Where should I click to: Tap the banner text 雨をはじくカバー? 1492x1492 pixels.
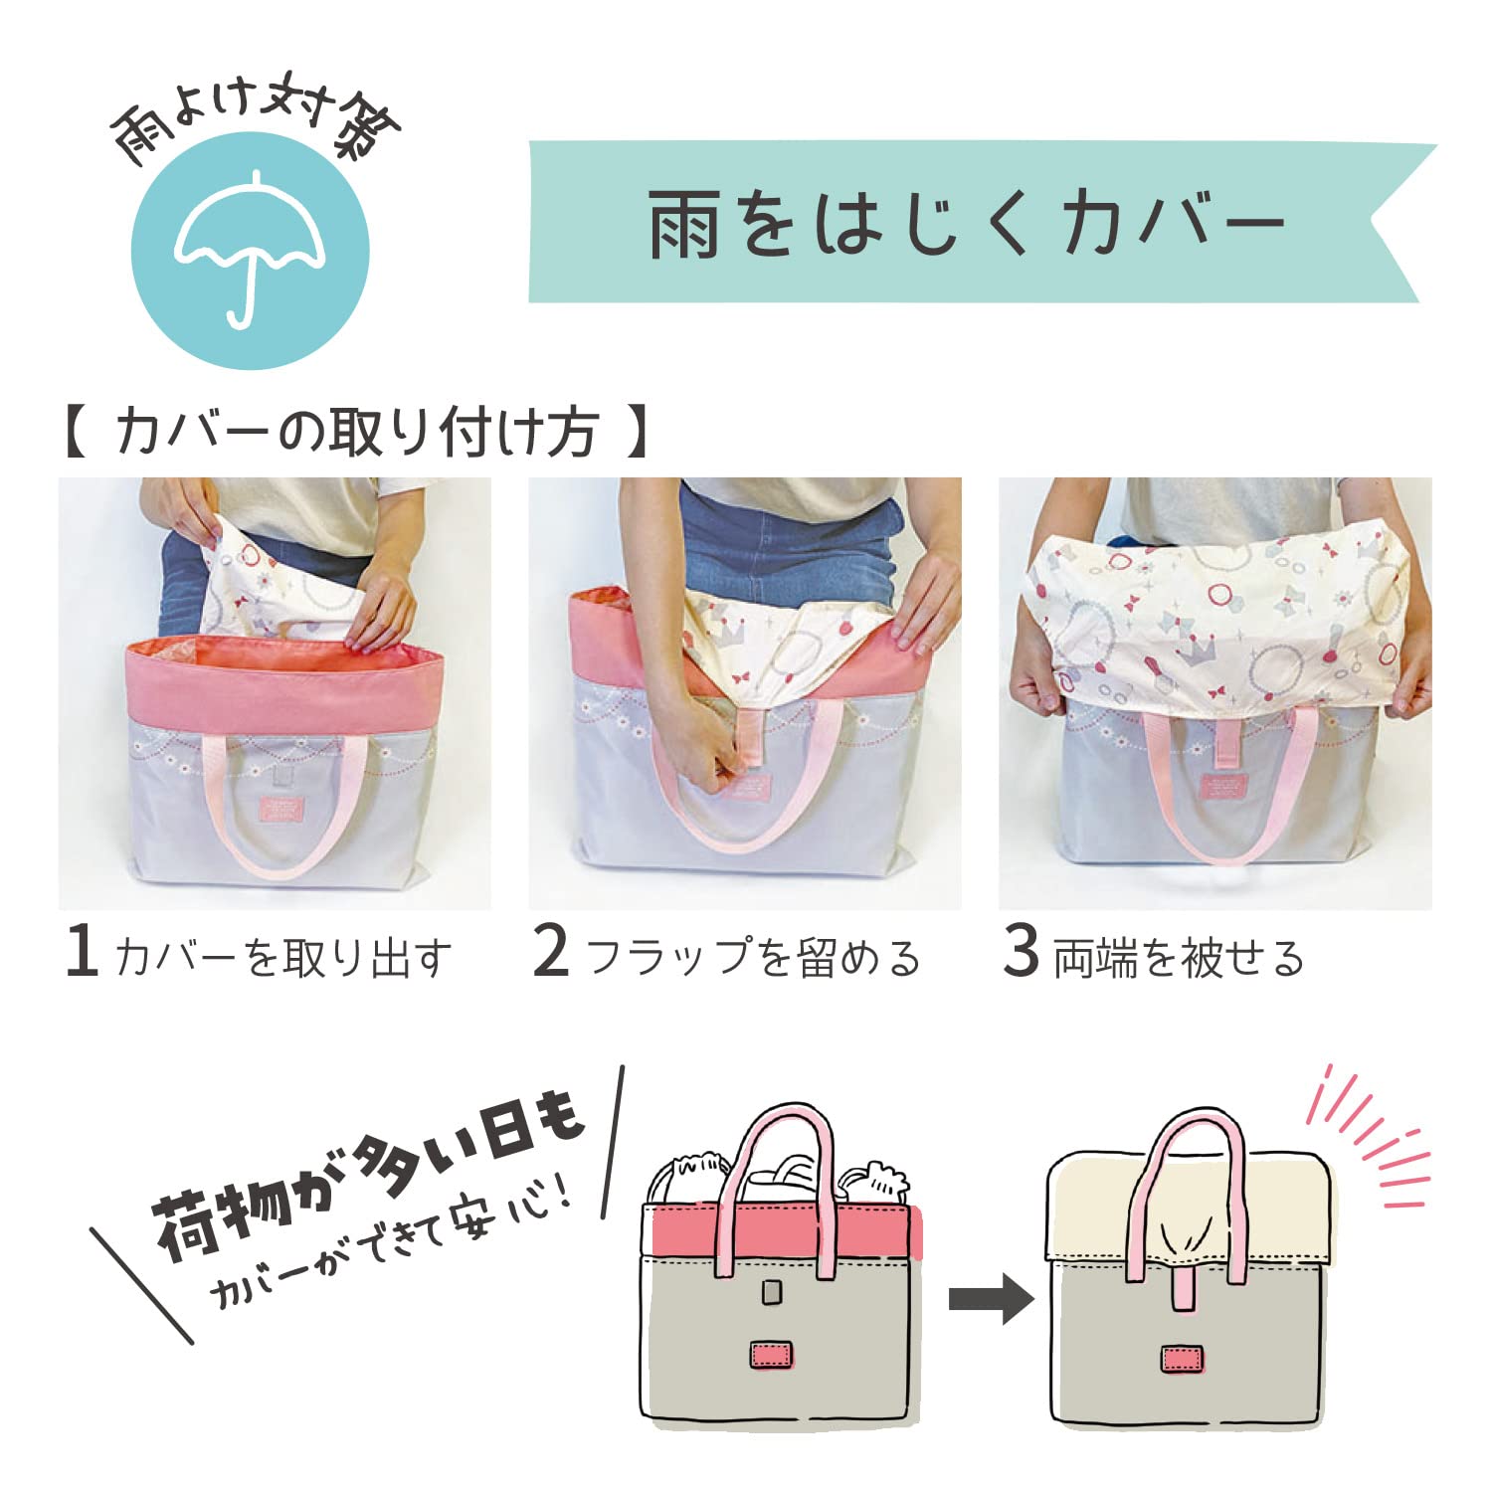[967, 223]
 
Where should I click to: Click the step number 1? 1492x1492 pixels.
[82, 951]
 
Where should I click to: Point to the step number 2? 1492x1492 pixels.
[551, 951]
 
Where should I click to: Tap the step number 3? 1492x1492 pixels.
[1022, 951]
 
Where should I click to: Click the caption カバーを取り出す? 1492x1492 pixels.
[283, 957]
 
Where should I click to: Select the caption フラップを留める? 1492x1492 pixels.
[753, 957]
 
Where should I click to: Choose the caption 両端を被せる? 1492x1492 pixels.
[1179, 957]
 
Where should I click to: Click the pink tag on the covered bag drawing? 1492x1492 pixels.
[1182, 1359]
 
